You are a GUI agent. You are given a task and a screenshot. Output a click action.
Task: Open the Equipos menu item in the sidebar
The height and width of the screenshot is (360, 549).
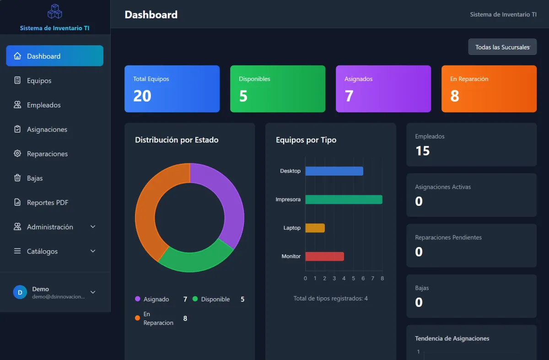point(39,81)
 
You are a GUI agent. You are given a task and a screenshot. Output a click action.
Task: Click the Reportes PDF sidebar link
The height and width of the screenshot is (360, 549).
point(48,203)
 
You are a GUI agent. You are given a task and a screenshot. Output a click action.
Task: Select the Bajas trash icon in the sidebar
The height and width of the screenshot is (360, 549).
point(17,177)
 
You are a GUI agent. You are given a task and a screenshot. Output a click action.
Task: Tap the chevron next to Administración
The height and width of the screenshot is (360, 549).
point(93,227)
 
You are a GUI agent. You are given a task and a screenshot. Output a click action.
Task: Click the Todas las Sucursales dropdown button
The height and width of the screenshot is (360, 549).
point(502,47)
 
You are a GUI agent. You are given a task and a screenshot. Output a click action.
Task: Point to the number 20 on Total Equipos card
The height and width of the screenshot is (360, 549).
point(142,96)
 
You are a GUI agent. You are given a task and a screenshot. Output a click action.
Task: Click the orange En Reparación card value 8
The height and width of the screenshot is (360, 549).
point(454,96)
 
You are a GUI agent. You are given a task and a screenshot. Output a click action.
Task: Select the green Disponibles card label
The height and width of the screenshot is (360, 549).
point(254,79)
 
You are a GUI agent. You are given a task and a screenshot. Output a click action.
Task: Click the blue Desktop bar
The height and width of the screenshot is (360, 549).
point(334,171)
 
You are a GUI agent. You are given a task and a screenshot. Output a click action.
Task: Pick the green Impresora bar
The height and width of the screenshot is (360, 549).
point(344,199)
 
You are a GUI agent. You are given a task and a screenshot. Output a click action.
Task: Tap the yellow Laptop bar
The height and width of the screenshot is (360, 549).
point(315,228)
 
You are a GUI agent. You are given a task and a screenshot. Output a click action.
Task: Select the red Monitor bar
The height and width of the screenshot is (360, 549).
point(325,256)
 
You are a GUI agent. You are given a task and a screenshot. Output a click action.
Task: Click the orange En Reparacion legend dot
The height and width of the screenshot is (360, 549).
point(138,318)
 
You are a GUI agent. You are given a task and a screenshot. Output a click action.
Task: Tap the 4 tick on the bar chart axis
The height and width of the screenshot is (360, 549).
point(344,279)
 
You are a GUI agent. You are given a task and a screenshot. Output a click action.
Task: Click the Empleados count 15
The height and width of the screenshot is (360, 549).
point(423,150)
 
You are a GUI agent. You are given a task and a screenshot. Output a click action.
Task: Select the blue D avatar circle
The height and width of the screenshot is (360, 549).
point(20,292)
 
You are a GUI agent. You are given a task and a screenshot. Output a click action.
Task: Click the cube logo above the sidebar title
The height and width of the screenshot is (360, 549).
point(54,11)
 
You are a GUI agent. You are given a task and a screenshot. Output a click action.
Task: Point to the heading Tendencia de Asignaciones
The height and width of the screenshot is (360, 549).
point(452,338)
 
